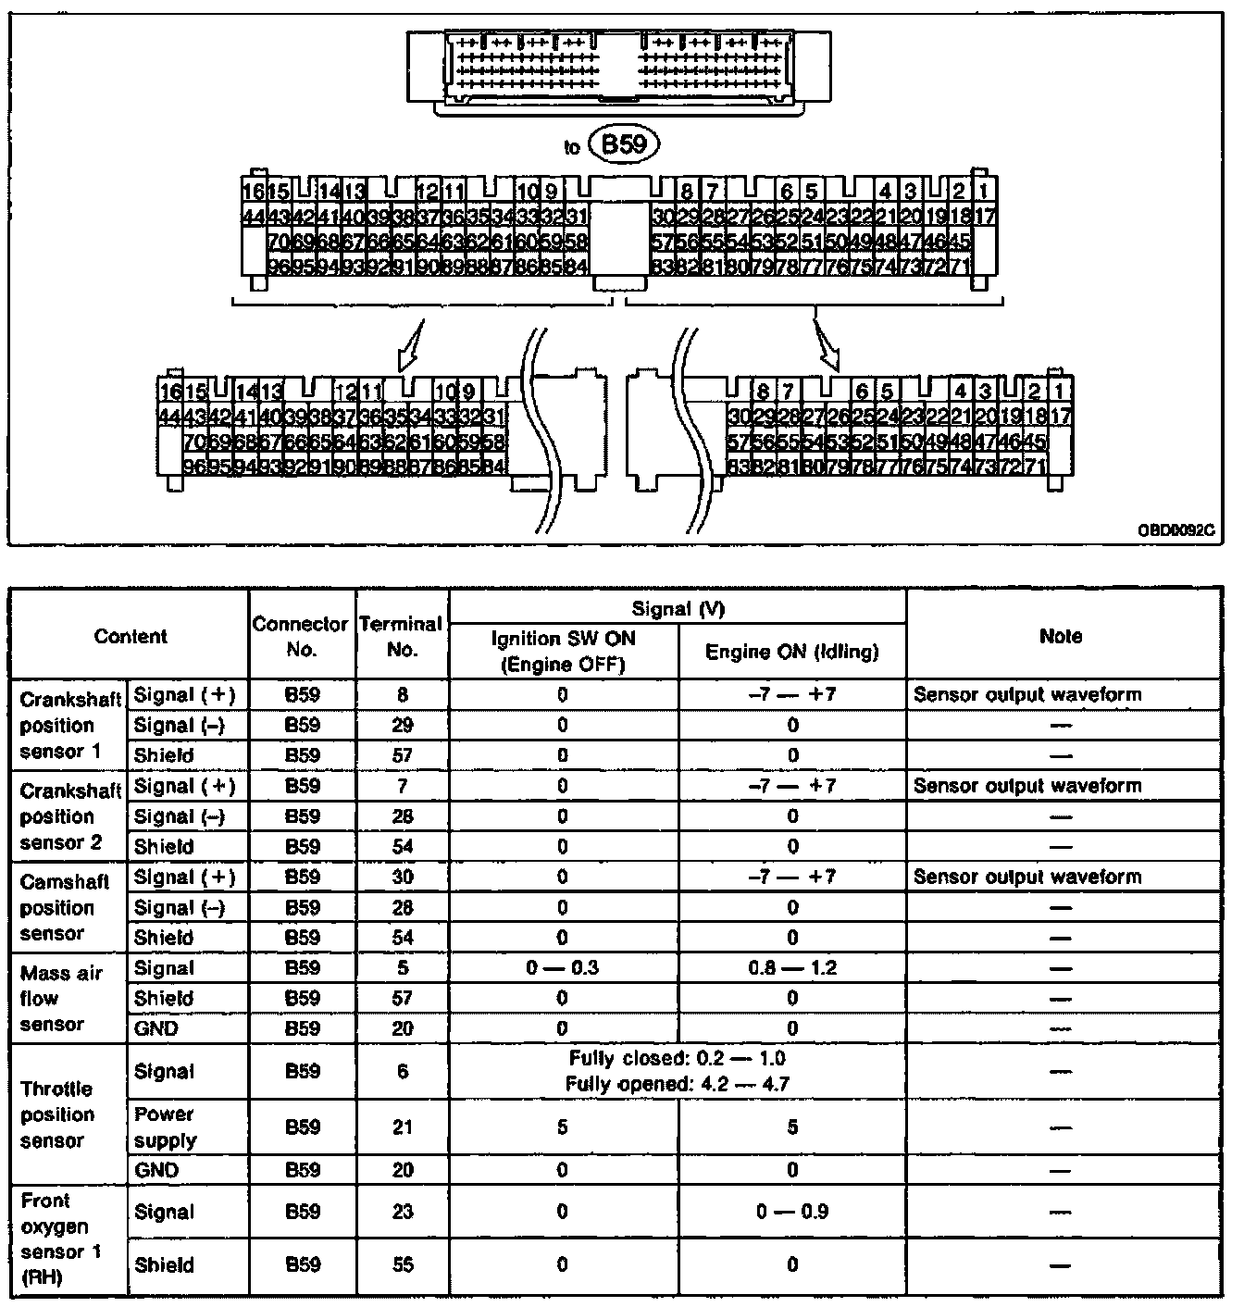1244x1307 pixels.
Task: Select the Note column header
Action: pyautogui.click(x=1061, y=636)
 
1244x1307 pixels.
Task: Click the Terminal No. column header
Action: pyautogui.click(x=402, y=636)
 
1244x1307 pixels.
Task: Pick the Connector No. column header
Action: pyautogui.click(x=302, y=636)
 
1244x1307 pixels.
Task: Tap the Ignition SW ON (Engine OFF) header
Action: pyautogui.click(x=563, y=651)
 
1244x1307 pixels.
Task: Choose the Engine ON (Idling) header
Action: pyautogui.click(x=791, y=652)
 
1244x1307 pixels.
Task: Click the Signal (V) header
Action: pyautogui.click(x=678, y=608)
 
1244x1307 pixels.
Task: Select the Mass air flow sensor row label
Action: pyautogui.click(x=62, y=998)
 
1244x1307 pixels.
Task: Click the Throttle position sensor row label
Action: pyautogui.click(x=57, y=1114)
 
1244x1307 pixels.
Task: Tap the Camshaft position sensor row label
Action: pyautogui.click(x=65, y=907)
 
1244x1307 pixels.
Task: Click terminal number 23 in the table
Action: pyautogui.click(x=402, y=1211)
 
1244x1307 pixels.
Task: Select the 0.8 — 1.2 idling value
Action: pyautogui.click(x=791, y=968)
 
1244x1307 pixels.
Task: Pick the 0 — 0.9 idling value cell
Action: pyautogui.click(x=791, y=1211)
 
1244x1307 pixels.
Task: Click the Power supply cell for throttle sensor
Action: pyautogui.click(x=166, y=1127)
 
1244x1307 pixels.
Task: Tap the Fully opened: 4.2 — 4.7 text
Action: pyautogui.click(x=678, y=1084)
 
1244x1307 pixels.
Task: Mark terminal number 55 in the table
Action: pyautogui.click(x=402, y=1264)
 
